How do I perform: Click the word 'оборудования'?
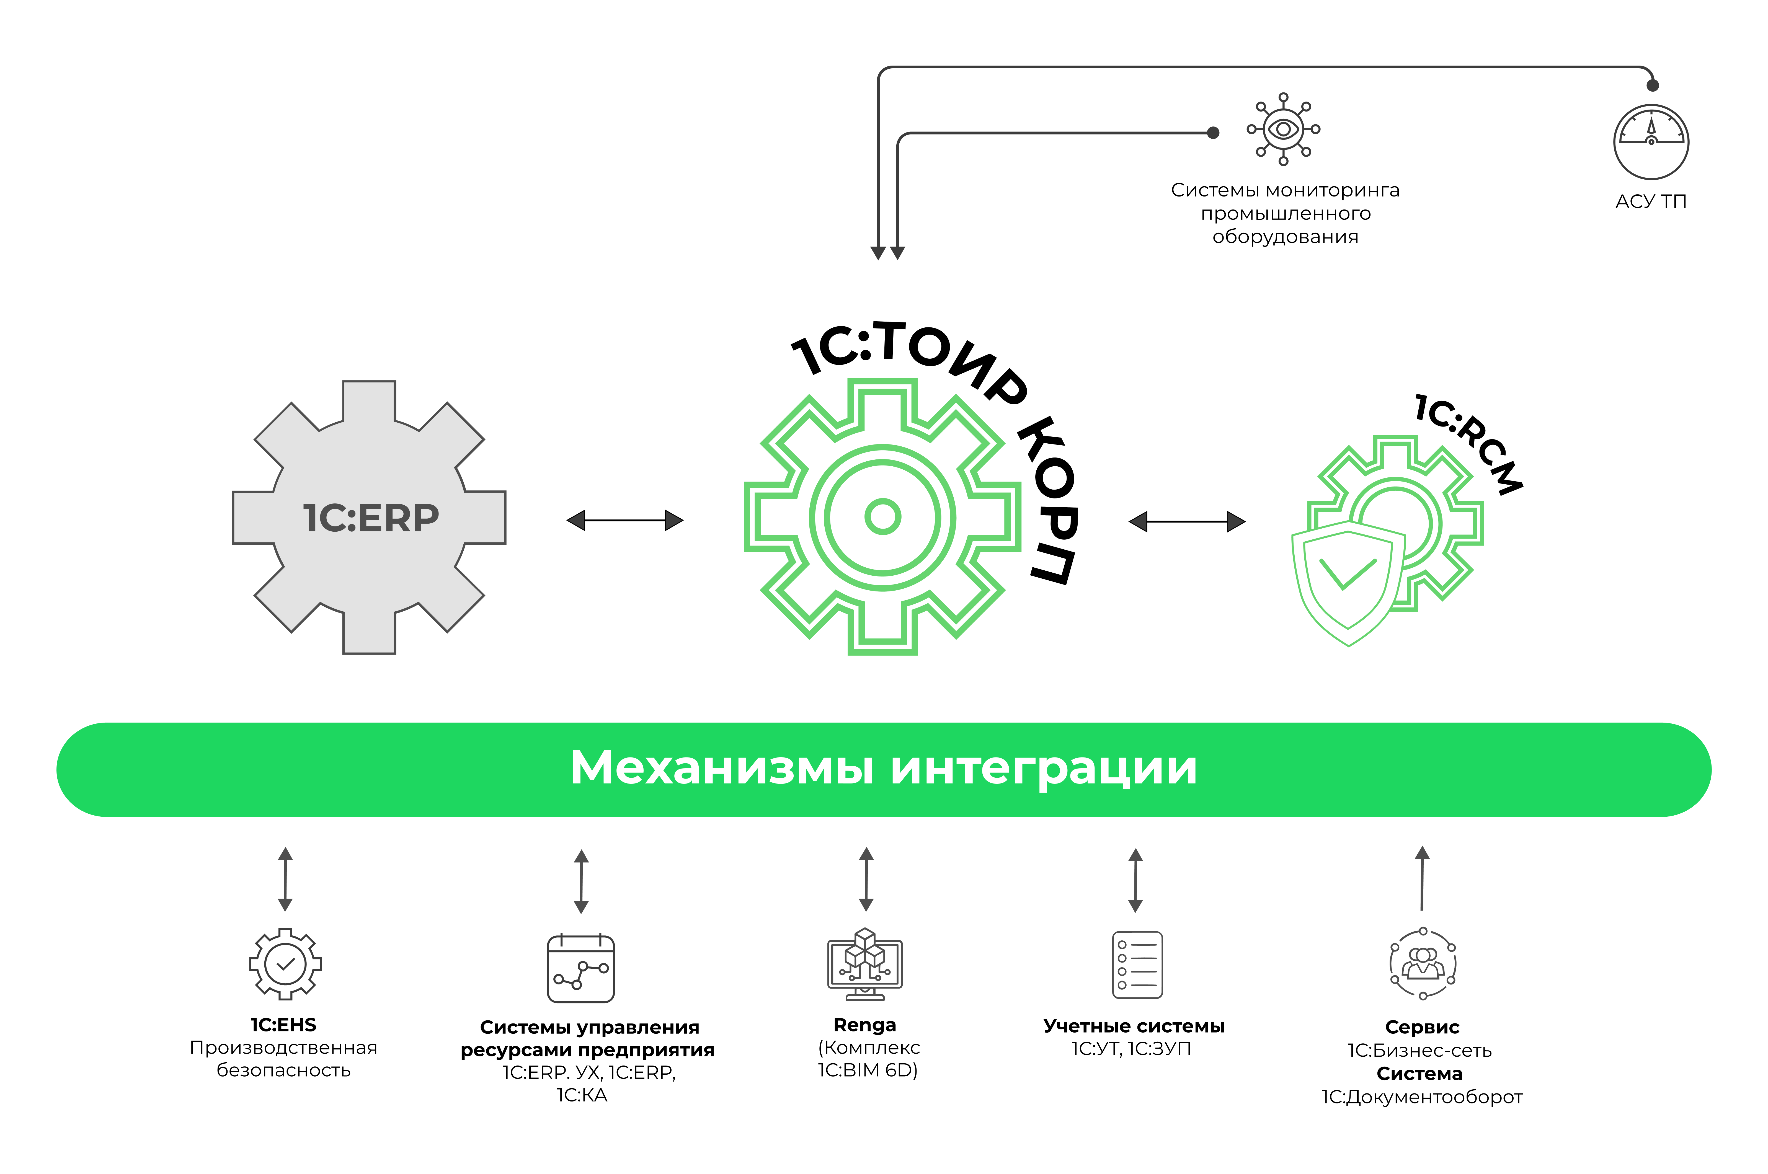pos(1285,237)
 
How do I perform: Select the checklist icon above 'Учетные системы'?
pos(1137,965)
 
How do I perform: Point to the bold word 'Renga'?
pos(865,1025)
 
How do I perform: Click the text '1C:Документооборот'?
pos(1422,1098)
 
